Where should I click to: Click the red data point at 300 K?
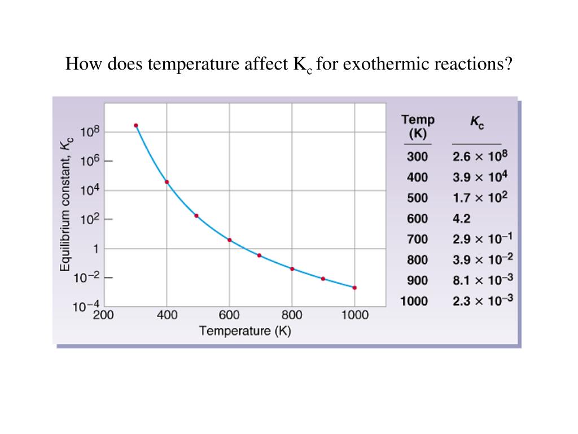136,125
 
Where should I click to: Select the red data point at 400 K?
167,182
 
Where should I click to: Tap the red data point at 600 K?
229,240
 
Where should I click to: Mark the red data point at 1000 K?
354,288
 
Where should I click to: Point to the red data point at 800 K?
292,269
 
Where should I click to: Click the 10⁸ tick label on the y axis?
90,133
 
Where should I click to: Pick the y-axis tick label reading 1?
95,249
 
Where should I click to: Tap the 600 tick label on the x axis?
229,315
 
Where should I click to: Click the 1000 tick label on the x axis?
354,315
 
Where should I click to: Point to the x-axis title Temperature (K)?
245,331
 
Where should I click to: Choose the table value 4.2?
461,219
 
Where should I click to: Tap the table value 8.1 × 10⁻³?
483,280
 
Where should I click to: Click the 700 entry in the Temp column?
418,240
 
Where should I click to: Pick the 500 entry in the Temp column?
418,198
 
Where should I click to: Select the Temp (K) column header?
418,127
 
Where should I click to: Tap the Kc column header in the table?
477,122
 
